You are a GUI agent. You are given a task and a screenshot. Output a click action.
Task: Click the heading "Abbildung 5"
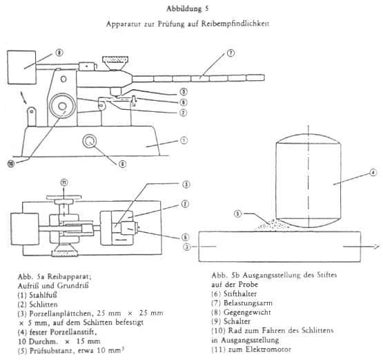click(188, 9)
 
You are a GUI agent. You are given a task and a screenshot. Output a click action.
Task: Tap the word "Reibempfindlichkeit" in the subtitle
click(235, 23)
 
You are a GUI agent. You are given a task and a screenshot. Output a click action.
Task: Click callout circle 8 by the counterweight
click(59, 53)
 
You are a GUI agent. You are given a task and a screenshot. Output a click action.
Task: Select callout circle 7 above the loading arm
click(230, 53)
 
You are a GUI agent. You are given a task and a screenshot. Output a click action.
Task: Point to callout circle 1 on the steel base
click(184, 140)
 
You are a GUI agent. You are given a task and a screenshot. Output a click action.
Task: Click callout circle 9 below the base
click(122, 164)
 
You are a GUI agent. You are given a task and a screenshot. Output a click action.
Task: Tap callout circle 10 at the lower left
click(11, 164)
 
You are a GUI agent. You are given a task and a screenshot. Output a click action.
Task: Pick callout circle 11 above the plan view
click(64, 182)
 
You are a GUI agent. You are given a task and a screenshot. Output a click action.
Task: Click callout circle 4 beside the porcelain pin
click(373, 173)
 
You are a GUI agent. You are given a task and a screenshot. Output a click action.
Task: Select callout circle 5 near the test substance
click(237, 214)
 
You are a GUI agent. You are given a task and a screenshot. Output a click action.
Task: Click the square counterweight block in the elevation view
click(22, 67)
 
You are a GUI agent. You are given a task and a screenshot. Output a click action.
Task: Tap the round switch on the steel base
click(90, 141)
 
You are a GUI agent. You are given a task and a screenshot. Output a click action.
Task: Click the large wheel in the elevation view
click(62, 106)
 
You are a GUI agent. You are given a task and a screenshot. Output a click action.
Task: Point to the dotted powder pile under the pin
click(273, 225)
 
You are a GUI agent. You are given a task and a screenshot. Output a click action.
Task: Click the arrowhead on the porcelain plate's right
click(375, 247)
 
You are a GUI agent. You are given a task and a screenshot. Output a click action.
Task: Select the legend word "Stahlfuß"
click(43, 295)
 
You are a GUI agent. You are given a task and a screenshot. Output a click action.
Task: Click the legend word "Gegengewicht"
click(247, 312)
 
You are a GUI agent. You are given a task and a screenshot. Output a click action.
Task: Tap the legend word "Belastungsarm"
click(248, 303)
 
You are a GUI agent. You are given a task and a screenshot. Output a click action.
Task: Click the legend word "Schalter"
click(237, 321)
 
